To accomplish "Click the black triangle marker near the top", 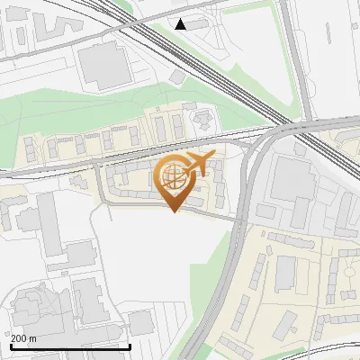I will tap(181, 24).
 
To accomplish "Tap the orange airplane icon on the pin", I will tap(198, 164).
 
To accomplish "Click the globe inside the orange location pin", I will tap(173, 177).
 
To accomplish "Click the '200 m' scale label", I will tap(23, 338).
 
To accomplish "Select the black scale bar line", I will tap(70, 346).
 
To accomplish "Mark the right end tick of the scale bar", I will tap(130, 346).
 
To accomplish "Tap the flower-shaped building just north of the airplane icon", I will tap(203, 117).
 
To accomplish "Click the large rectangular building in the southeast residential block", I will tap(286, 273).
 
